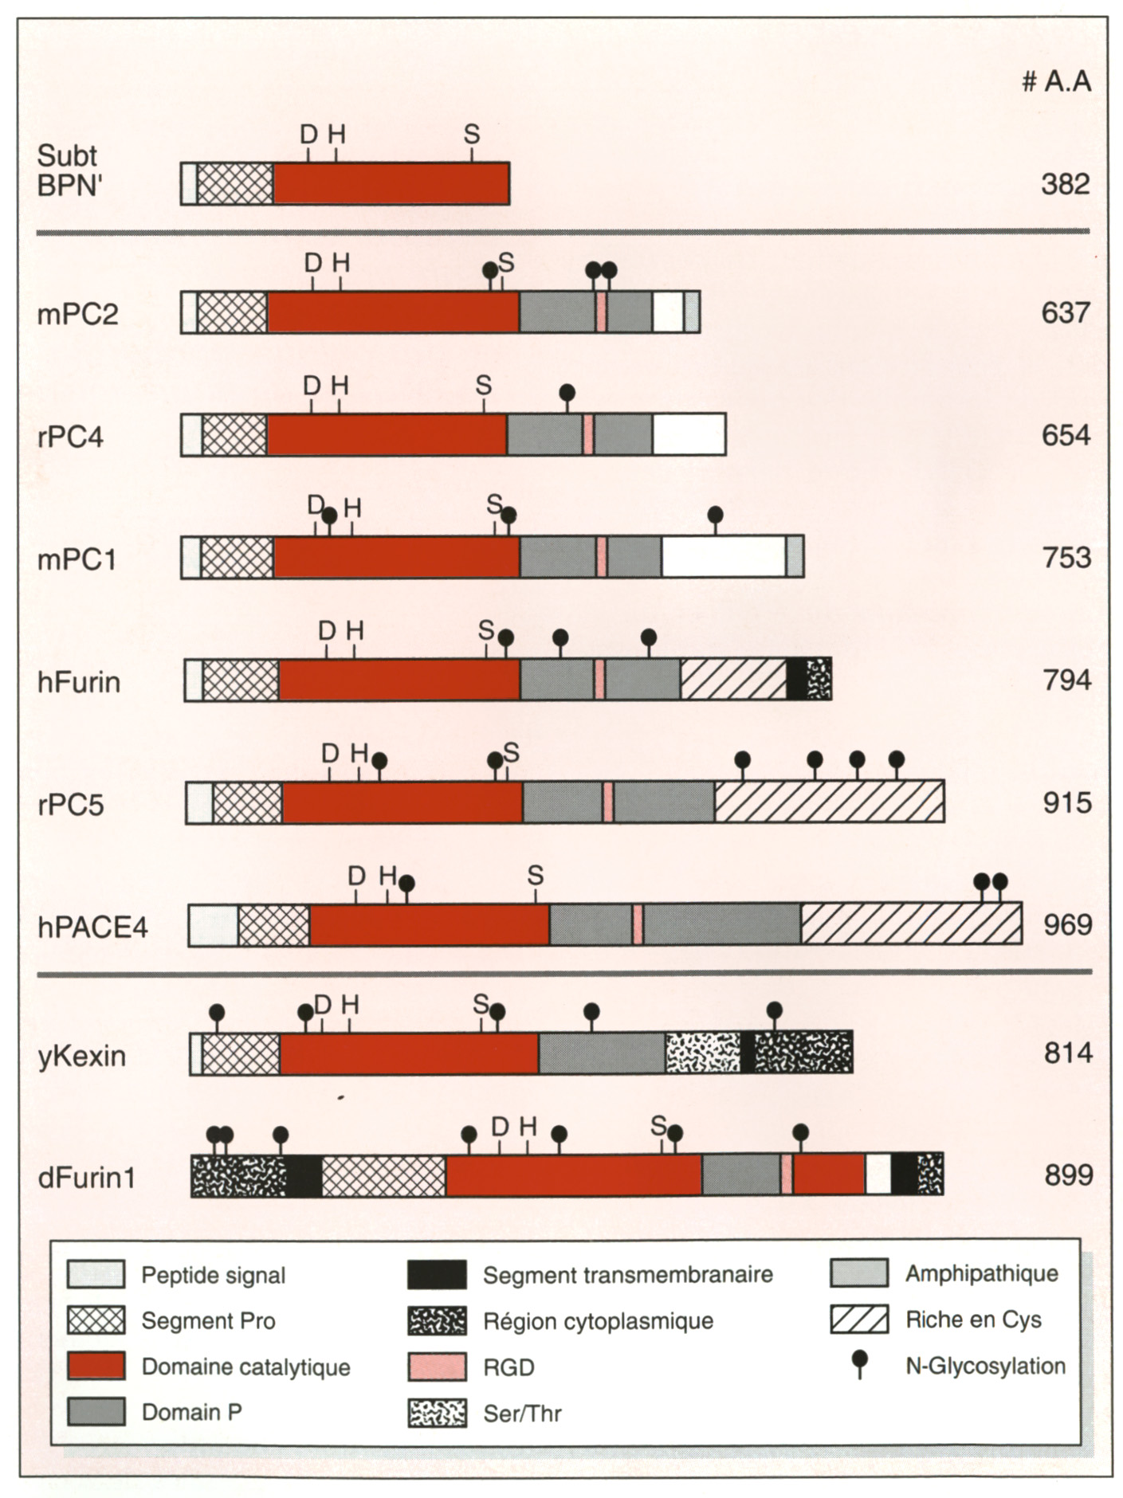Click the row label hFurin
click(79, 682)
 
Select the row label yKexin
click(81, 1056)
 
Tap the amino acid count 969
click(1067, 925)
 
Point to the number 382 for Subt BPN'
click(1065, 184)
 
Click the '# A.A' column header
click(1056, 81)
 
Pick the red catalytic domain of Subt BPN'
click(391, 183)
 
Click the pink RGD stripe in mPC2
click(601, 312)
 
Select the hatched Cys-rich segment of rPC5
click(829, 802)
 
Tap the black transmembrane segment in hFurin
click(795, 679)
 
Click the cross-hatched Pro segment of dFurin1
click(383, 1175)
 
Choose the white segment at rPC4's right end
click(689, 434)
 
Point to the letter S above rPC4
click(483, 386)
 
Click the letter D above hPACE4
click(356, 876)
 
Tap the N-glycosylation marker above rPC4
click(567, 393)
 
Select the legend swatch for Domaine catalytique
click(96, 1366)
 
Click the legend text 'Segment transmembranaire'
click(627, 1275)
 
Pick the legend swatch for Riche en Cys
click(859, 1320)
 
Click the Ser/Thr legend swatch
click(437, 1413)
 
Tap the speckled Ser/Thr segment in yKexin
click(702, 1053)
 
